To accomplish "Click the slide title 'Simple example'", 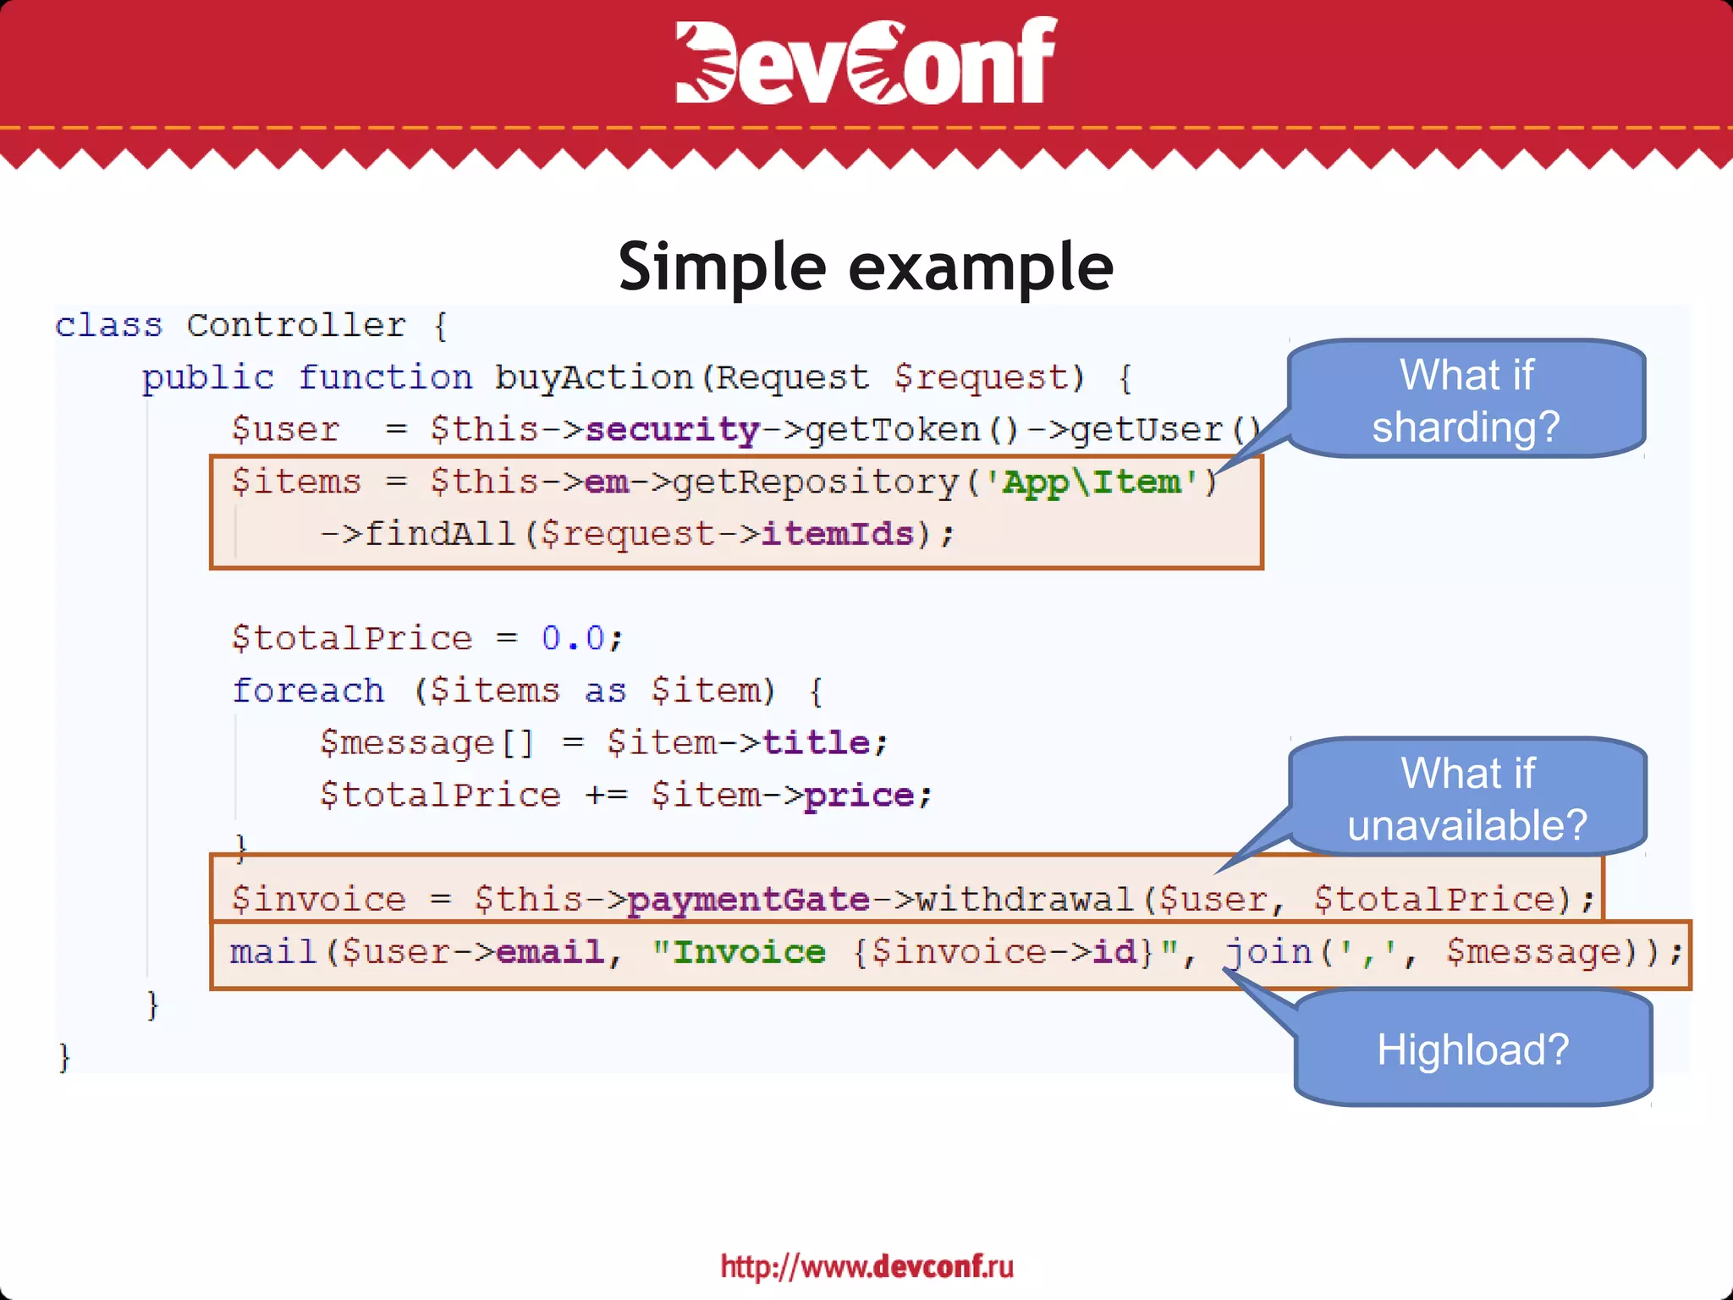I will (866, 267).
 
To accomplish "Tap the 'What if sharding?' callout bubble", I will (1466, 399).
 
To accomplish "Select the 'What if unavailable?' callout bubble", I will (1467, 798).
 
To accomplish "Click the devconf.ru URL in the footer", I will (866, 1266).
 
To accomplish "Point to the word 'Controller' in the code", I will (296, 326).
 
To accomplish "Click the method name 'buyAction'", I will (593, 377).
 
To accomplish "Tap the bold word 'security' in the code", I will (672, 430).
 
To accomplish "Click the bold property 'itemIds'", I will (838, 534).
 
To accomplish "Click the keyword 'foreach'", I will (308, 691).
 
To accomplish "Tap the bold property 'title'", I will (816, 743).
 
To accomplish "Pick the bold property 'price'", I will (859, 796).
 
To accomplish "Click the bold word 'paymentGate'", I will (749, 900).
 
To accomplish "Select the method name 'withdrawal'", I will (1025, 900).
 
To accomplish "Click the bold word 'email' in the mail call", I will (550, 952).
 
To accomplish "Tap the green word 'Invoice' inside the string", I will (749, 952).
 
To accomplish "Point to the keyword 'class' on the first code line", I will (108, 326).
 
